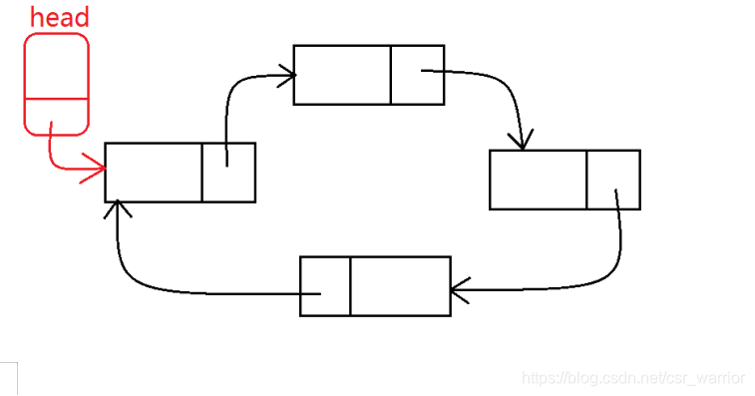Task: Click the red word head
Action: tap(59, 17)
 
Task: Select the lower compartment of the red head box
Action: tap(56, 115)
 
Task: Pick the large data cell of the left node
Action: tap(154, 173)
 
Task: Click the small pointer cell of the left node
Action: tap(228, 173)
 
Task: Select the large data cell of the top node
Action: tap(342, 75)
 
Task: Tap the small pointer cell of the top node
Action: tap(417, 75)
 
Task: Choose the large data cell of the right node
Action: tap(538, 180)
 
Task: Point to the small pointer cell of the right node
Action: tap(612, 180)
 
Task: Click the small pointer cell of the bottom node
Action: tap(325, 286)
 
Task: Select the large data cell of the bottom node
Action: tap(400, 286)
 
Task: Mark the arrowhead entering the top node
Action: tap(288, 74)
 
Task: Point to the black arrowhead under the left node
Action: tap(119, 207)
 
